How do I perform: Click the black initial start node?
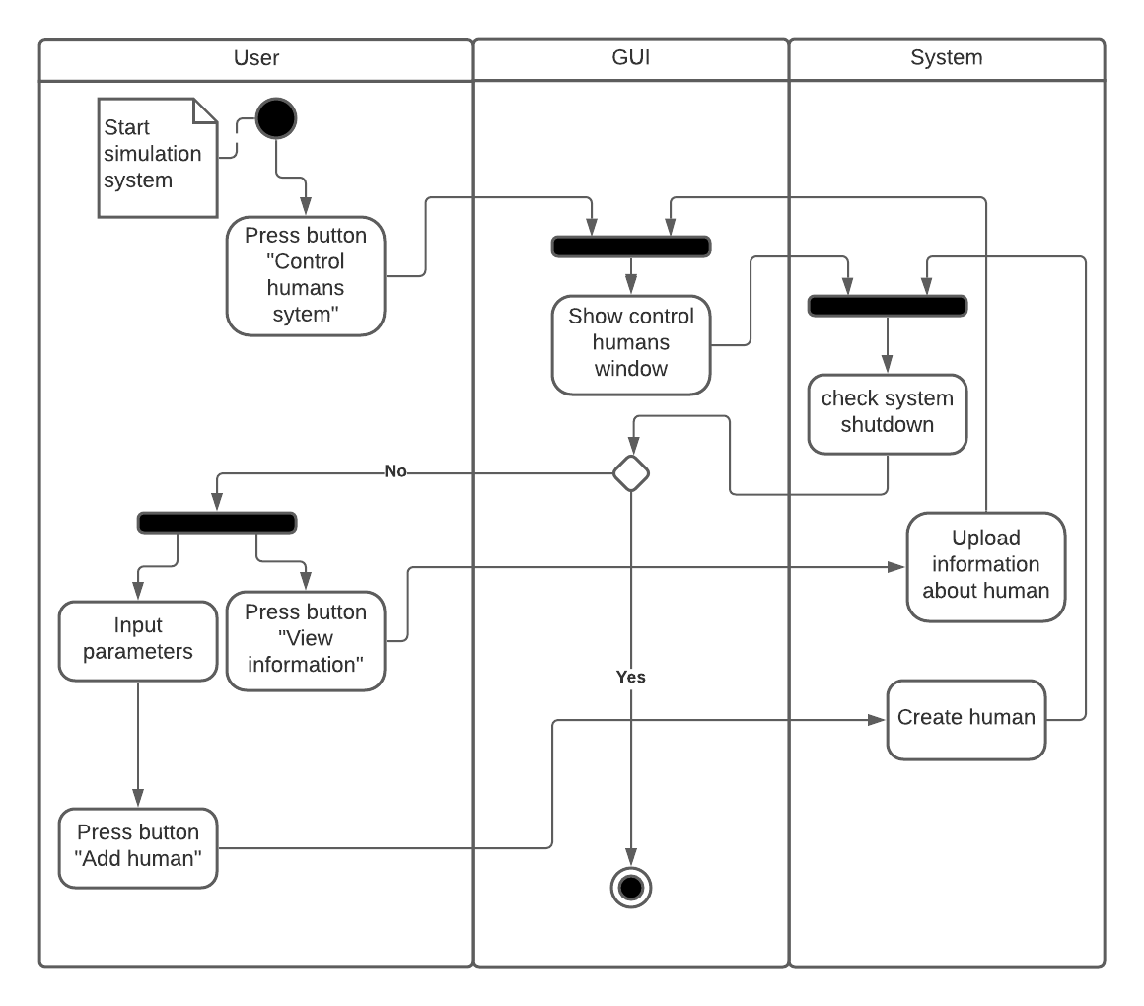(x=276, y=118)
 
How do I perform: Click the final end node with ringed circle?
(x=631, y=888)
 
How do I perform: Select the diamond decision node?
(x=631, y=473)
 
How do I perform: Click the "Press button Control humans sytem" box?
(x=306, y=276)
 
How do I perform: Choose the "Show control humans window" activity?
(x=631, y=343)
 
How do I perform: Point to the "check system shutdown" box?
(x=888, y=413)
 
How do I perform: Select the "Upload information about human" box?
(x=986, y=566)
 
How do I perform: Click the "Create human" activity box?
(x=966, y=719)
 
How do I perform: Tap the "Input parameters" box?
(x=138, y=640)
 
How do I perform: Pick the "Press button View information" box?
(x=306, y=640)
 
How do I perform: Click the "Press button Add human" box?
(x=138, y=847)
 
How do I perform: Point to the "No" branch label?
(x=395, y=472)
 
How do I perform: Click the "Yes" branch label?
(x=631, y=678)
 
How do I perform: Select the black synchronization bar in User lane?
(x=217, y=523)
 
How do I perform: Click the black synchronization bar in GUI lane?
(x=631, y=247)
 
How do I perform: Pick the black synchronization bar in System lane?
(x=888, y=306)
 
